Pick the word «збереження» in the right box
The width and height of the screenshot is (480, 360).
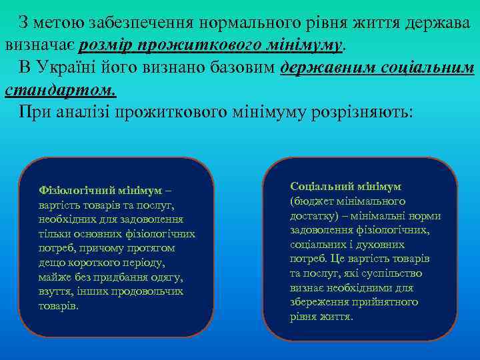click(315, 302)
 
